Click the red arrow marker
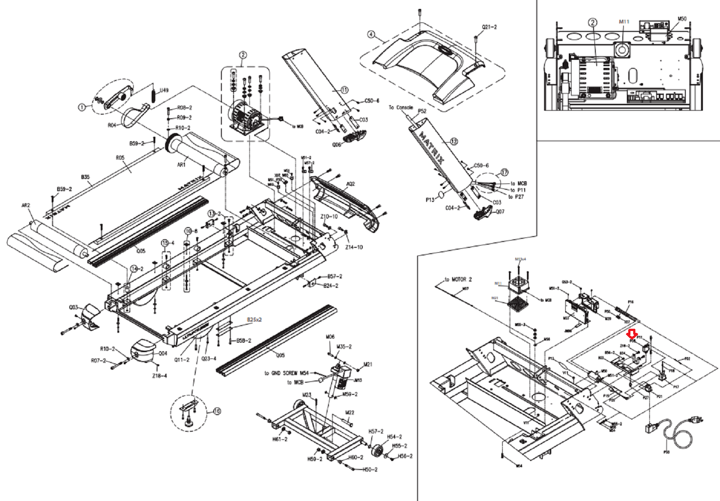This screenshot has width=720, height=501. [632, 334]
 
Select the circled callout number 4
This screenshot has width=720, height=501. [371, 35]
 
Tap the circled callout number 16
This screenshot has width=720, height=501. [217, 411]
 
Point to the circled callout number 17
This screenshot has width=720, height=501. [504, 172]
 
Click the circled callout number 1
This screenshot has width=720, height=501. [81, 107]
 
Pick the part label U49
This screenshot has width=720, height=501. [164, 90]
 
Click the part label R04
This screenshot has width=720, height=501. [112, 125]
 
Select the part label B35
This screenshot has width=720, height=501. [85, 177]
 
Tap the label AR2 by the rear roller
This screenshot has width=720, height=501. [26, 206]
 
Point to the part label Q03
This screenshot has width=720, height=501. [73, 308]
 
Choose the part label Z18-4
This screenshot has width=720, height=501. [159, 376]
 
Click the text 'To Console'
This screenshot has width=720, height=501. [400, 107]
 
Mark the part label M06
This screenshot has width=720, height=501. [330, 337]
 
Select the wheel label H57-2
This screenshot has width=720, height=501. [376, 431]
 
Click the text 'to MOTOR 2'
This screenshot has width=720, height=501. [458, 279]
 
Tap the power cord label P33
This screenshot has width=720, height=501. [666, 452]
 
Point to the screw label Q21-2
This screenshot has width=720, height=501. [489, 27]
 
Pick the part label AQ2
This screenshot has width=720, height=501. [350, 183]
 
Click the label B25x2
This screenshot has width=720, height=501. [254, 320]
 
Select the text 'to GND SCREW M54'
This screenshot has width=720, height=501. [286, 373]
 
